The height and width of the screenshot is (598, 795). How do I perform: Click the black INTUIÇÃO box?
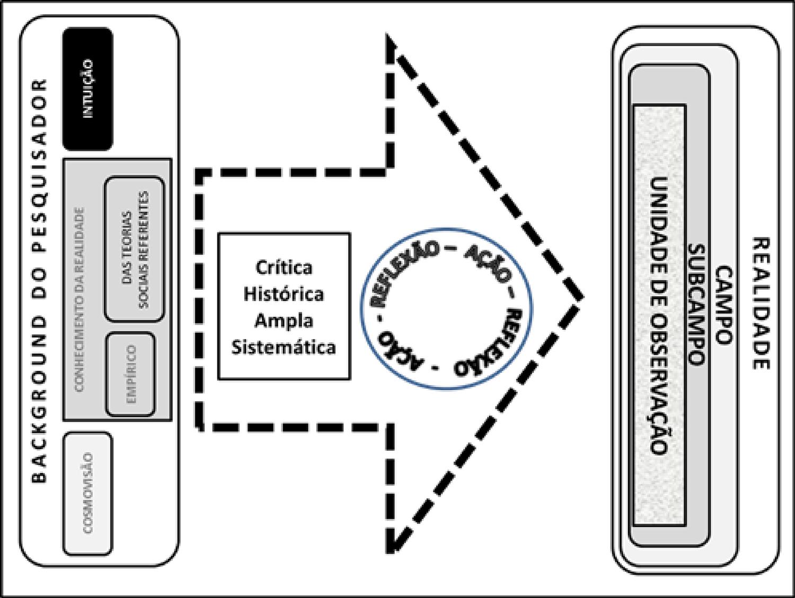click(x=87, y=88)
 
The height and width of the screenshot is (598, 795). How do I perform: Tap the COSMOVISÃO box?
click(x=88, y=493)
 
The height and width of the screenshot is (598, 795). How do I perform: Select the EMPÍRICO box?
click(x=131, y=374)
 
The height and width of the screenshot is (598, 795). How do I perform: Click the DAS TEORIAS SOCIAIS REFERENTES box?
click(x=135, y=249)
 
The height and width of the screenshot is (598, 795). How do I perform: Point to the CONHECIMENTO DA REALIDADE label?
click(x=79, y=299)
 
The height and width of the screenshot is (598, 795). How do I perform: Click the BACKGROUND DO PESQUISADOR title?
click(x=39, y=281)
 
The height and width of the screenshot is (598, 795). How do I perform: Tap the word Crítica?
click(x=284, y=267)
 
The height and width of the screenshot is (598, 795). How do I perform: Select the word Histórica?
click(x=284, y=294)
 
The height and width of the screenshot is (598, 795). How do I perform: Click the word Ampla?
click(x=284, y=320)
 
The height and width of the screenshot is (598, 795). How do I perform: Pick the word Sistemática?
click(x=284, y=347)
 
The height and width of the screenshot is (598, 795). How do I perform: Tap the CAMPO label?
click(x=723, y=305)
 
